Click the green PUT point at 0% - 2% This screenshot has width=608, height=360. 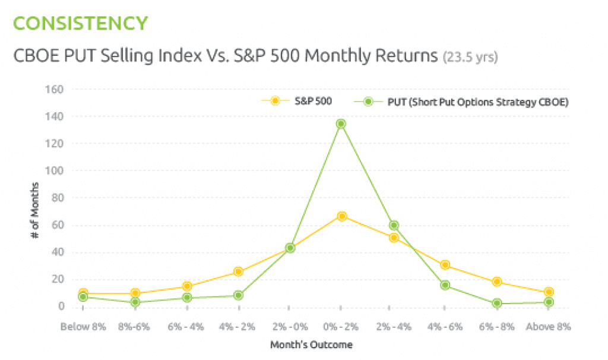pyautogui.click(x=341, y=124)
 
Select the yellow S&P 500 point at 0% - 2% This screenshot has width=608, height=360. pyautogui.click(x=341, y=216)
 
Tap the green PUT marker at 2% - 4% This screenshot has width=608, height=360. pyautogui.click(x=393, y=225)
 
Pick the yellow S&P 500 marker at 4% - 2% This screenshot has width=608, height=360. pyautogui.click(x=238, y=271)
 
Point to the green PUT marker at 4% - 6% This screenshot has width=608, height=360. pyautogui.click(x=445, y=285)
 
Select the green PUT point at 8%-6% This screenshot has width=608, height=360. pyautogui.click(x=135, y=302)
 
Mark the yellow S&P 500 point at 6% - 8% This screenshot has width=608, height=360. pyautogui.click(x=496, y=282)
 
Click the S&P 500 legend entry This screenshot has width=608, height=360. pyautogui.click(x=297, y=101)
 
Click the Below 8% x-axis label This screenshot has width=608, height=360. pyautogui.click(x=83, y=326)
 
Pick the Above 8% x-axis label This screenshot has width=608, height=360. pyautogui.click(x=548, y=326)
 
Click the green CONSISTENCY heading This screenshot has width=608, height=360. pyautogui.click(x=80, y=23)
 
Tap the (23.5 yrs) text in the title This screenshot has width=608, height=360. pyautogui.click(x=470, y=58)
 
